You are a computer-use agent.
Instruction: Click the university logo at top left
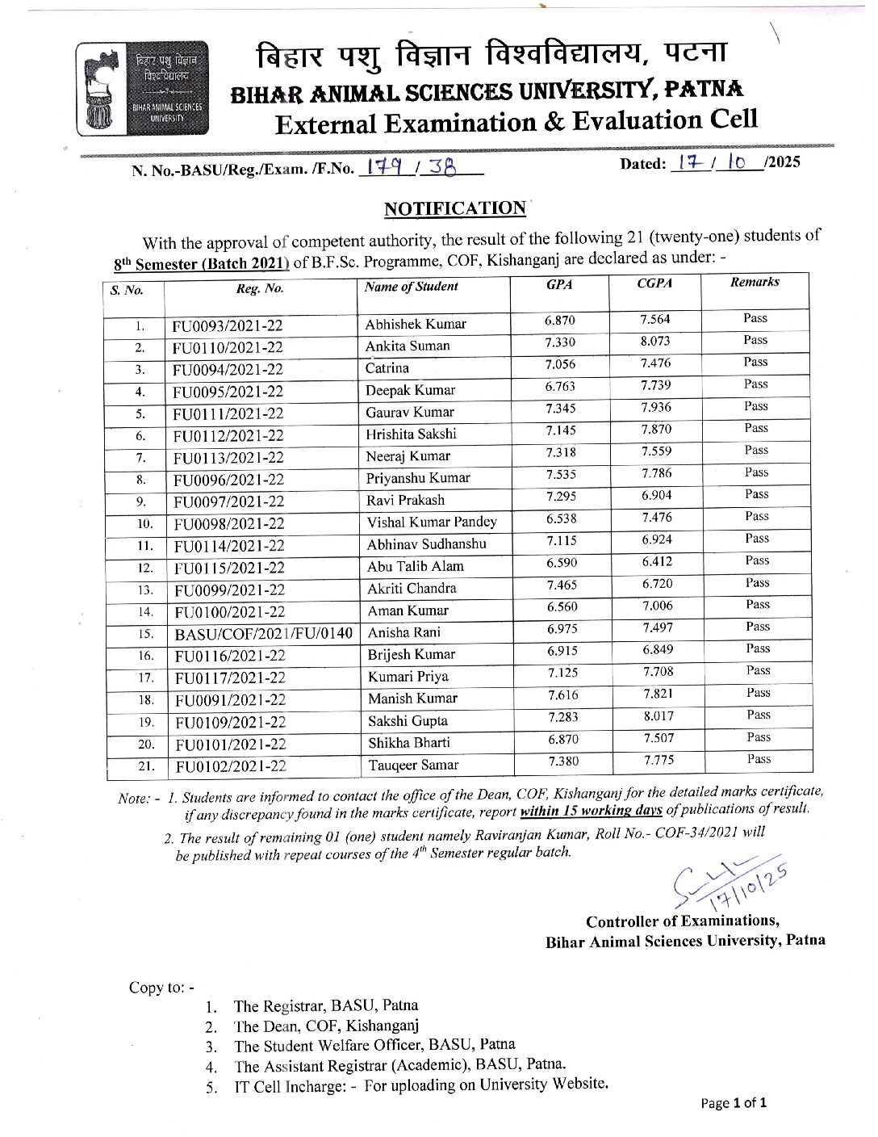point(142,87)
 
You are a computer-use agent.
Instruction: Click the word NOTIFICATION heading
point(455,208)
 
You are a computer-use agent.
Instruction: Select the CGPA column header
point(654,283)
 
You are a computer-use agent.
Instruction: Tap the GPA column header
point(559,284)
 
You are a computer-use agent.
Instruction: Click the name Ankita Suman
point(408,346)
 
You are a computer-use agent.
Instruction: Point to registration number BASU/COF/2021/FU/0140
point(264,633)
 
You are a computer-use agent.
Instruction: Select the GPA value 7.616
point(562,694)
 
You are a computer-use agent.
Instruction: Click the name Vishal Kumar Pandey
point(432,522)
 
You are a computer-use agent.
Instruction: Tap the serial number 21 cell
point(146,766)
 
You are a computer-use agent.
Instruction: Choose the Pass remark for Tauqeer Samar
point(759,758)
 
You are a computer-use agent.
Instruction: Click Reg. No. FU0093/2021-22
point(228,325)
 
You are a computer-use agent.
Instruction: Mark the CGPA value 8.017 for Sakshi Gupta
point(658,715)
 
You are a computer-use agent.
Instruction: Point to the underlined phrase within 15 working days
point(591,811)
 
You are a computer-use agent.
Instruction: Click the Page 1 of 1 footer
point(733,1103)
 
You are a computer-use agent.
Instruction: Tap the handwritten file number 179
point(384,166)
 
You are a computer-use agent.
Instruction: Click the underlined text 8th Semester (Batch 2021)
point(201,263)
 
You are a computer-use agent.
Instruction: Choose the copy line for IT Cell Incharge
point(420,1085)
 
